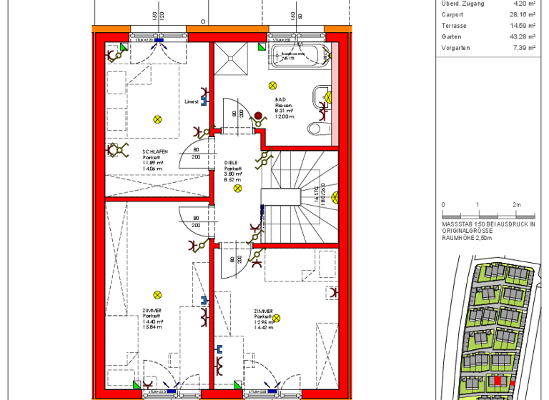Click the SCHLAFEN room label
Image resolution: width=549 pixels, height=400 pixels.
point(155,151)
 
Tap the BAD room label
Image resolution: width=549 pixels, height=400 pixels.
point(280,100)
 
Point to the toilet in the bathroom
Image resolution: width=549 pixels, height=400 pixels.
point(317,128)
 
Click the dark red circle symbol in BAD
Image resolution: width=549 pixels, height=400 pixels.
point(258,114)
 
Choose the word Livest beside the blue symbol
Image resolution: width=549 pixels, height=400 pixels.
point(191,101)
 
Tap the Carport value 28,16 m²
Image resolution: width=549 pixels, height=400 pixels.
point(523,14)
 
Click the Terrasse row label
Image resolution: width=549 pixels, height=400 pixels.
point(455,26)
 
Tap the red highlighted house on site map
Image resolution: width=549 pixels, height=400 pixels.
point(497,381)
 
